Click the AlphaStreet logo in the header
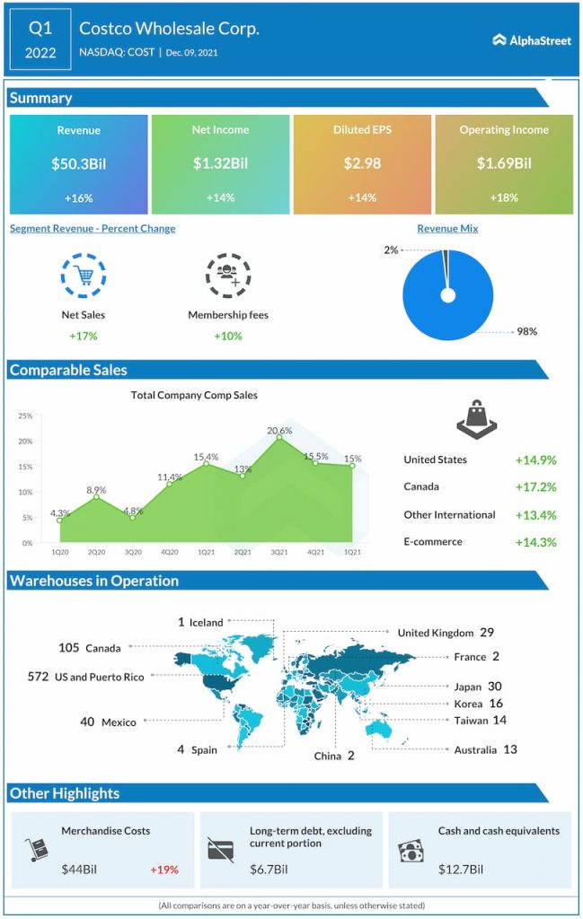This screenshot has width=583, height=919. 532,39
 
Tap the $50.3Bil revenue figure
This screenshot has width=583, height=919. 78,163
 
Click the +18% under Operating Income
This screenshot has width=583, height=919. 504,197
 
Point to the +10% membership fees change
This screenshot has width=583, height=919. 227,336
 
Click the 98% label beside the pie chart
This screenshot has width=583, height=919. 526,331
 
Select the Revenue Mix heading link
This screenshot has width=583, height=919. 447,229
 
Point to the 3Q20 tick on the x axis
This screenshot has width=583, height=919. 133,551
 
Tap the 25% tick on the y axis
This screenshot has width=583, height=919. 24,416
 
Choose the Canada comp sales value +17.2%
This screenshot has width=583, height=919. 535,487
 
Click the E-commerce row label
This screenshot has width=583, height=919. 433,542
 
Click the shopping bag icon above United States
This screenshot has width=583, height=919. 475,414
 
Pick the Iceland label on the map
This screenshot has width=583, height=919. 206,623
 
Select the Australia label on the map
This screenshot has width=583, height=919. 474,749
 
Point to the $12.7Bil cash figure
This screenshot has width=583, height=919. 461,870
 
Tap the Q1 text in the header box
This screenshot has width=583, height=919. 40,28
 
